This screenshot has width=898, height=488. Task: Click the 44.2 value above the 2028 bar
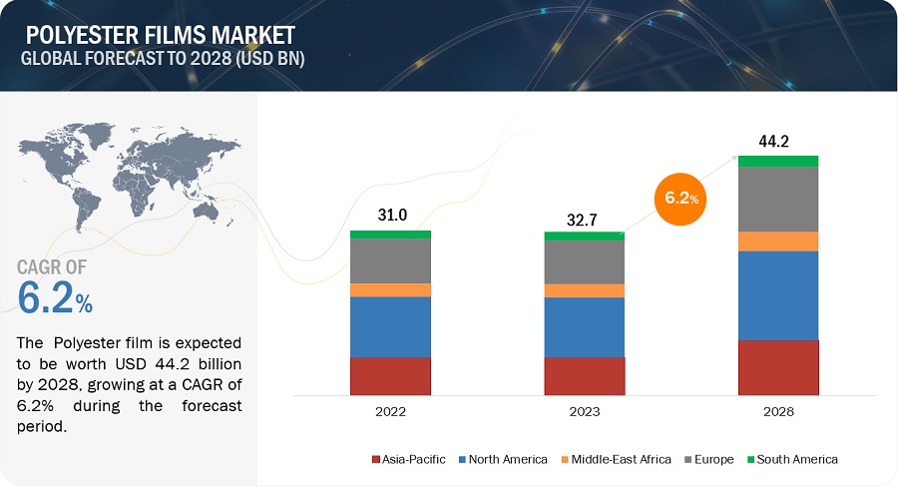coord(775,141)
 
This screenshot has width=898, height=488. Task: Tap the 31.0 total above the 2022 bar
coord(389,216)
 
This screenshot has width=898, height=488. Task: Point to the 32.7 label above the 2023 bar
coord(584,218)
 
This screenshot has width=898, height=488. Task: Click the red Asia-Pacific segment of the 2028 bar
coord(778,367)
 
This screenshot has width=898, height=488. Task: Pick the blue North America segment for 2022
coord(390,326)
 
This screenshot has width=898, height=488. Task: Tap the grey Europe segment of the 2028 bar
coord(778,199)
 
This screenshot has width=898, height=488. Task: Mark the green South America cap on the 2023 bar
coord(585,237)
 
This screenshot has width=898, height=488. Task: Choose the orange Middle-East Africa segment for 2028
coord(778,241)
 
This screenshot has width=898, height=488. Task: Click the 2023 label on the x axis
coord(585,411)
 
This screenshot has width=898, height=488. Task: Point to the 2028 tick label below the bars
coord(778,411)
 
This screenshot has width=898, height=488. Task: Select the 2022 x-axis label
coord(390,411)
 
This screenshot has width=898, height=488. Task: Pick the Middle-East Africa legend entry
coord(619,459)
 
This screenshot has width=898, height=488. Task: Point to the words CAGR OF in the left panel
coord(52,266)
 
